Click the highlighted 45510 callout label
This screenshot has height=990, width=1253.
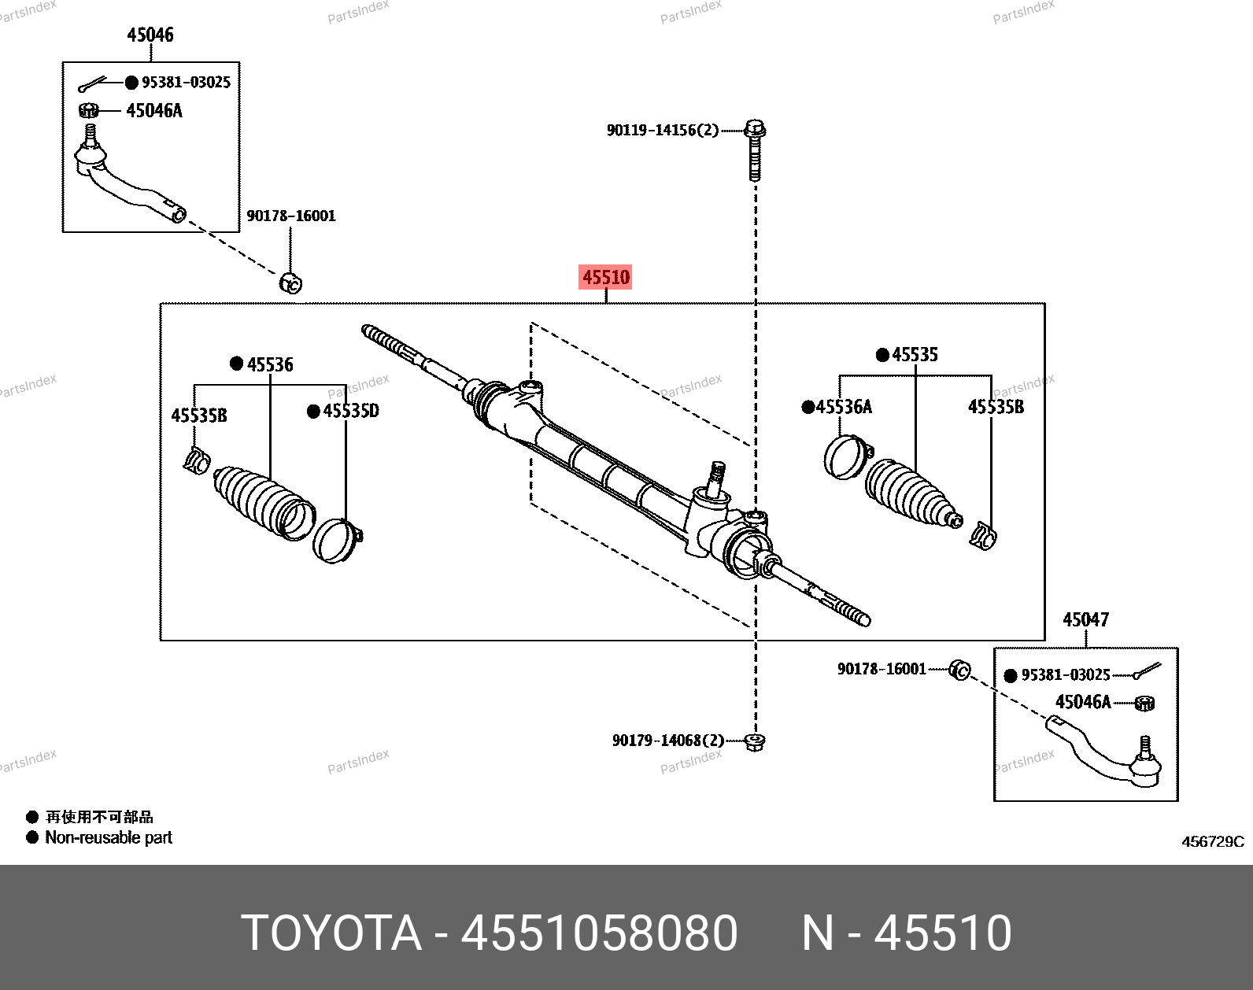click(x=605, y=277)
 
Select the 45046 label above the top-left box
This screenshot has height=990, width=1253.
click(x=150, y=35)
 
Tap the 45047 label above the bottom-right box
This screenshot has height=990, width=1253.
click(x=1085, y=620)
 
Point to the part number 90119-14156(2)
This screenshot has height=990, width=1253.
click(x=662, y=130)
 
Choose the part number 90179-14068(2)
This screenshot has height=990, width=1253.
click(x=667, y=741)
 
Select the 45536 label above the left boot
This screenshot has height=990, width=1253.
click(x=270, y=364)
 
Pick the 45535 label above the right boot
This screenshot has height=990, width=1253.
click(x=915, y=355)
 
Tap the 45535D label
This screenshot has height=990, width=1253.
click(x=351, y=411)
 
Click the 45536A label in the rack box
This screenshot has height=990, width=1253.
click(x=844, y=407)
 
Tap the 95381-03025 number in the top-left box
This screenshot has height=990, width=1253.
click(x=186, y=82)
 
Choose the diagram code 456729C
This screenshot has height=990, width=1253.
click(x=1212, y=842)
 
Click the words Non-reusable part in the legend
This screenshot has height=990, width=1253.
click(x=109, y=837)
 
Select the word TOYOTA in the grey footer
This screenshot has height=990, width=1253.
click(x=331, y=933)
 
